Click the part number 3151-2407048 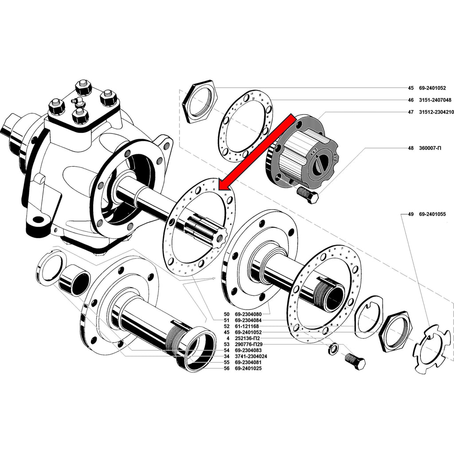click(435, 100)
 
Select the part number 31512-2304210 click(436, 113)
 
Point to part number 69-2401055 click(435, 214)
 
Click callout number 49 click(411, 214)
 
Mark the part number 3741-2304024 click(251, 356)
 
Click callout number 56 click(227, 368)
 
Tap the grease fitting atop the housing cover click(78, 102)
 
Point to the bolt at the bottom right click(355, 361)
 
